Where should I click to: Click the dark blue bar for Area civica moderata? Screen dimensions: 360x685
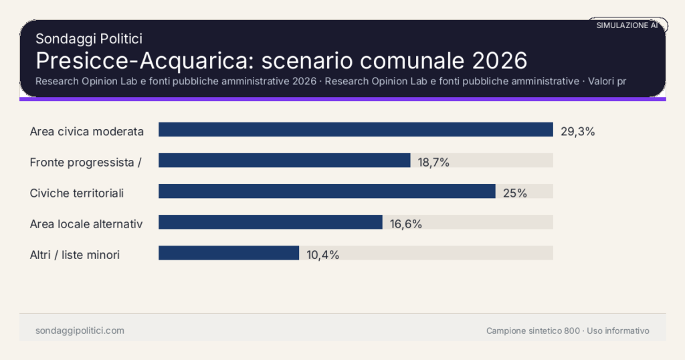[x=355, y=130]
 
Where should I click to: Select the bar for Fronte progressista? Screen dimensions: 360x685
[x=284, y=161]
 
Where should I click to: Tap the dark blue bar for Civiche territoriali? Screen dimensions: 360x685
[x=326, y=191]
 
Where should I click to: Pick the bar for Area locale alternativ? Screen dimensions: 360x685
[x=270, y=222]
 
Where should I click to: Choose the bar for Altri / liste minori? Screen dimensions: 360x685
[x=229, y=253]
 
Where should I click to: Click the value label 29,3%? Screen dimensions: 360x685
[x=577, y=132]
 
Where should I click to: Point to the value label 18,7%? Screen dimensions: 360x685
[x=433, y=163]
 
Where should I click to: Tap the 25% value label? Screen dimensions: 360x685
[x=515, y=193]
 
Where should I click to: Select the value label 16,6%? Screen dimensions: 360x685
[x=406, y=224]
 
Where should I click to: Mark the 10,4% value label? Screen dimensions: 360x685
[x=323, y=255]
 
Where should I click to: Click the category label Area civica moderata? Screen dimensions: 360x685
[x=87, y=132]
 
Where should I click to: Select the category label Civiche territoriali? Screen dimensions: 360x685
[x=77, y=193]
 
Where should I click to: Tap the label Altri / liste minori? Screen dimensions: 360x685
[x=75, y=255]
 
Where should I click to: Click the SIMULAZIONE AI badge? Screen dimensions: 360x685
[x=627, y=25]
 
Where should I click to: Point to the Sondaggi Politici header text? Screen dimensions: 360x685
[x=88, y=39]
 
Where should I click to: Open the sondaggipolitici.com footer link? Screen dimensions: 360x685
[x=80, y=331]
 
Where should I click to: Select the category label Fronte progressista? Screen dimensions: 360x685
[x=85, y=163]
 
